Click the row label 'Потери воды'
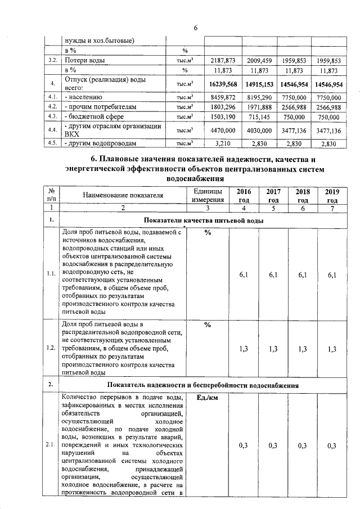[84, 60]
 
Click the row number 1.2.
[51, 349]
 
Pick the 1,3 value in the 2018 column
[303, 349]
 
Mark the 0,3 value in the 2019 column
[332, 445]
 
